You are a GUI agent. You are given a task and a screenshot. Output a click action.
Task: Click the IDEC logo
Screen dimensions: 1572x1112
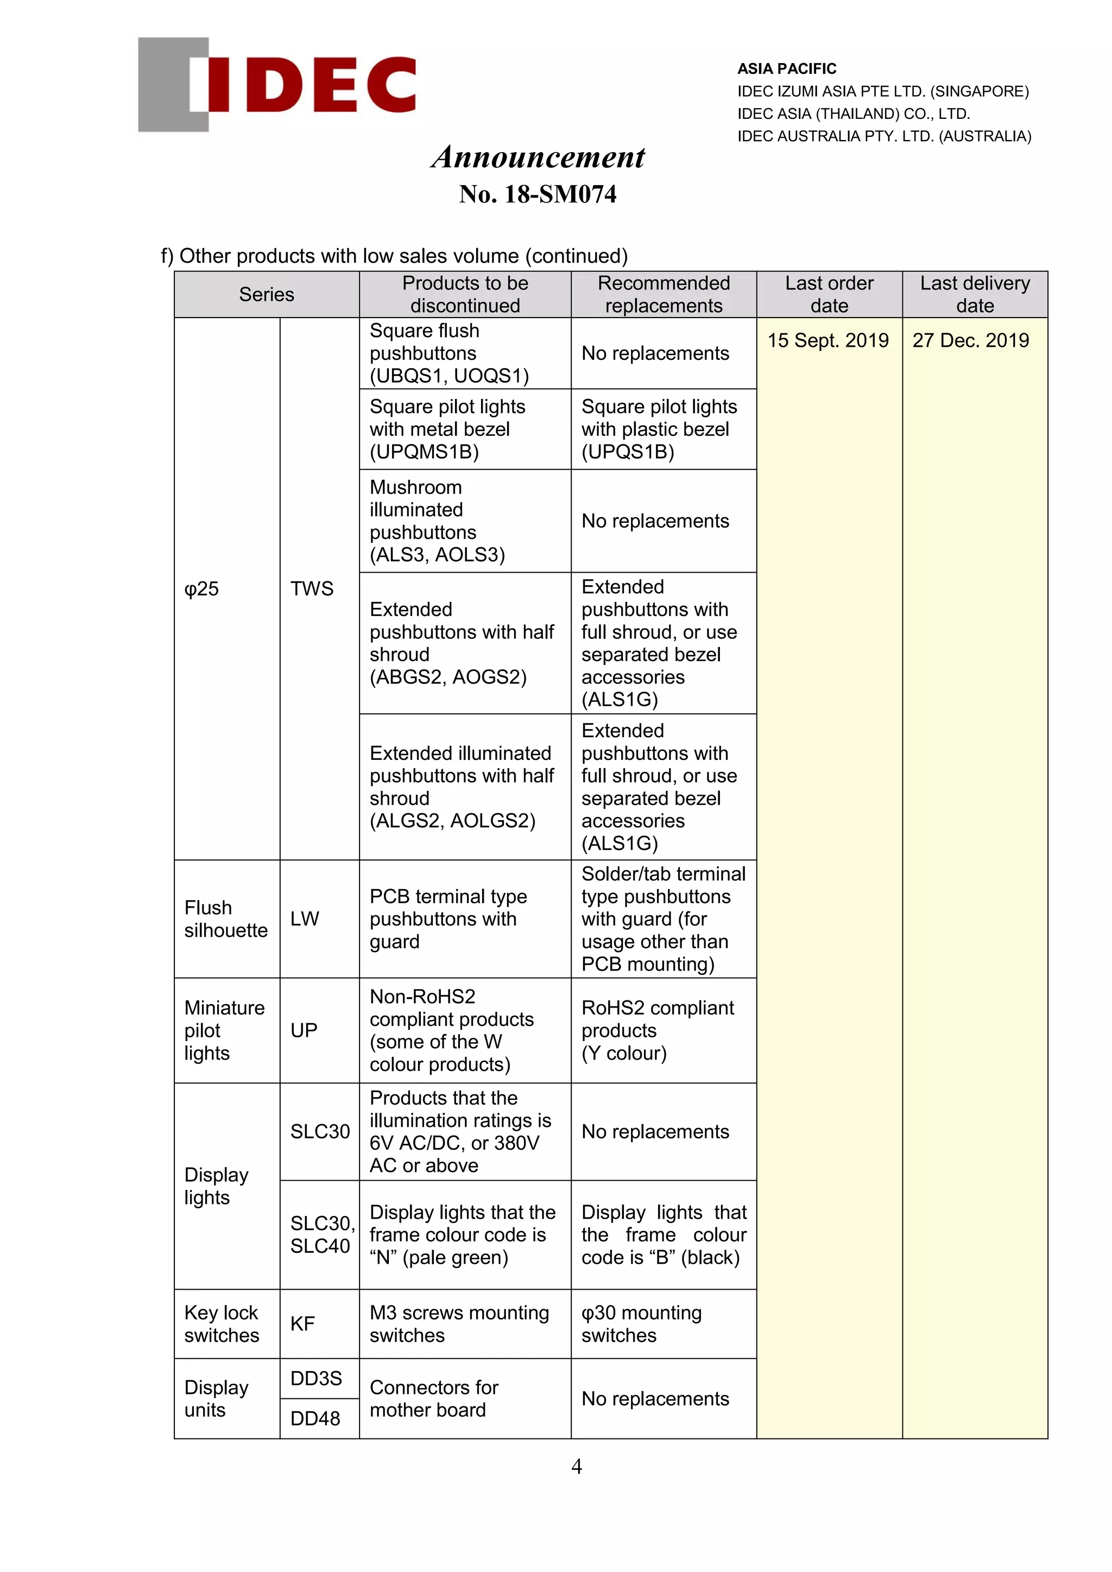click(x=277, y=84)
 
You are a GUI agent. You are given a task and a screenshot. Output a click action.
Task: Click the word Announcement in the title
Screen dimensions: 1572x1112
click(x=538, y=157)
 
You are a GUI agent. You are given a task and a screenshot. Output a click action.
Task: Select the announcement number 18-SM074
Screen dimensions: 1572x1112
click(x=538, y=194)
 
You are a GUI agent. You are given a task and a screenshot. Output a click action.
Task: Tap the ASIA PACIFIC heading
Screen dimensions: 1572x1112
click(x=786, y=68)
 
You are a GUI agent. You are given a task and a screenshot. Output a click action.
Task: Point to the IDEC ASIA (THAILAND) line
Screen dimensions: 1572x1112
click(x=853, y=113)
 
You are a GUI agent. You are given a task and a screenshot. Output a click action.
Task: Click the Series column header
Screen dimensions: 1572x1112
click(x=267, y=294)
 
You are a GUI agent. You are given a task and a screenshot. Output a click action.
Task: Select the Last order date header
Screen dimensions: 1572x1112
click(x=829, y=294)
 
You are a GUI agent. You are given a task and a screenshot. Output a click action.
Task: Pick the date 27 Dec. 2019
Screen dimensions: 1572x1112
click(x=970, y=340)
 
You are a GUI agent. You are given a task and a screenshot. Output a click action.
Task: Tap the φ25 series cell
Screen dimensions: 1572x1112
click(x=202, y=589)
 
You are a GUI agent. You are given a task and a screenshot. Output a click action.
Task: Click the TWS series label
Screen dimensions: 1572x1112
click(x=312, y=589)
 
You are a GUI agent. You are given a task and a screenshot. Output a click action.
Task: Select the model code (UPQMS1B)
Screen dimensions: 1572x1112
click(x=425, y=452)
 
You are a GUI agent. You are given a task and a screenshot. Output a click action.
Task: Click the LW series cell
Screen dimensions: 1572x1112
click(x=305, y=919)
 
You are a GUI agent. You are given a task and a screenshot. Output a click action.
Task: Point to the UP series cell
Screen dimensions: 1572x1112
click(x=304, y=1030)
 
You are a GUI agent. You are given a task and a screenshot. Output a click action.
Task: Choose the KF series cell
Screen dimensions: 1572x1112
click(x=302, y=1324)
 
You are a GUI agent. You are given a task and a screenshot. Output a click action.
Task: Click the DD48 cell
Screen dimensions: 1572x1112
click(x=315, y=1418)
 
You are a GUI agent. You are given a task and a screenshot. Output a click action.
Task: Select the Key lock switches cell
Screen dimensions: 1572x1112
click(x=222, y=1324)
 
